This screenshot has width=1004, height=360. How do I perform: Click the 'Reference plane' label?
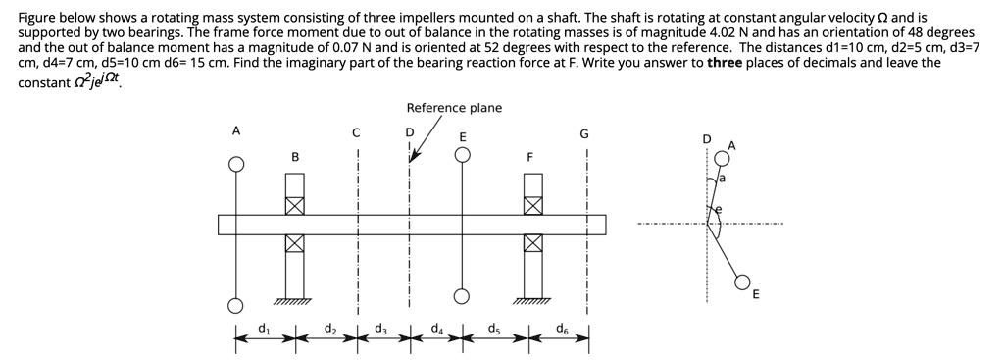454,108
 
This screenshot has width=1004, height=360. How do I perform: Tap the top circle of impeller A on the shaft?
235,164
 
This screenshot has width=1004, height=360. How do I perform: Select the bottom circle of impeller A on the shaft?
235,303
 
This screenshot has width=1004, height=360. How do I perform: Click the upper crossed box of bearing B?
294,205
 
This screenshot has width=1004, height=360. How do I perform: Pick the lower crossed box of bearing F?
532,243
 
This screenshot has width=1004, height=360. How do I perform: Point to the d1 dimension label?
262,328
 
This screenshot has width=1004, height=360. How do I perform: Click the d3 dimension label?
379,328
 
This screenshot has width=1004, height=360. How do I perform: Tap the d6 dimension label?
561,328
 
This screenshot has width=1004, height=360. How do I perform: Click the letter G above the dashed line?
585,133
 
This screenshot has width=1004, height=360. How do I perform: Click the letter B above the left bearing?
294,156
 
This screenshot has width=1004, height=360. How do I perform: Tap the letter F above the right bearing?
531,156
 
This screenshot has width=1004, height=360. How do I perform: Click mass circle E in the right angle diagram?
744,281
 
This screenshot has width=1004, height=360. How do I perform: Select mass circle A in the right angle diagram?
723,157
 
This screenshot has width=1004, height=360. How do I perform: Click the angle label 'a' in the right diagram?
723,180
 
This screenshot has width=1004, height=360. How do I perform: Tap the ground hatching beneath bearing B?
293,301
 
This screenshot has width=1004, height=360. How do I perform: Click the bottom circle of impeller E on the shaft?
462,295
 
